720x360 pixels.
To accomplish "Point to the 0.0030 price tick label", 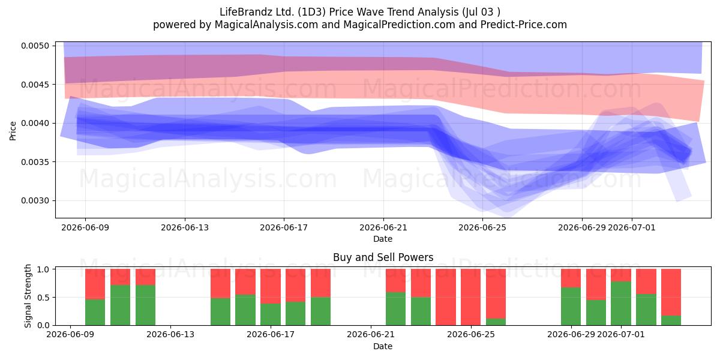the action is click(x=35, y=200).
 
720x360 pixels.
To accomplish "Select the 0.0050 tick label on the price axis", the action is click(x=35, y=46).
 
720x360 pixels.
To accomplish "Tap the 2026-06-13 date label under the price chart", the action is click(x=185, y=227).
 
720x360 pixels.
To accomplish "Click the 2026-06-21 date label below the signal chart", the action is click(x=371, y=334).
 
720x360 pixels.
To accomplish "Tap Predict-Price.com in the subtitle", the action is click(x=524, y=25).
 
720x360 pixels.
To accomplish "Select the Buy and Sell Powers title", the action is click(x=383, y=257).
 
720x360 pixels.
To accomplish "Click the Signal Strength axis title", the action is click(x=28, y=296).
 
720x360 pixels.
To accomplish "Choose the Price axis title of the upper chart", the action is click(x=13, y=131).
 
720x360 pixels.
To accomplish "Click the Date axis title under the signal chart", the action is click(x=383, y=346).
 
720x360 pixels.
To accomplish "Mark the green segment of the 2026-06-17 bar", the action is click(x=271, y=314).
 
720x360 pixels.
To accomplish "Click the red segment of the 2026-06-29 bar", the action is click(x=571, y=278).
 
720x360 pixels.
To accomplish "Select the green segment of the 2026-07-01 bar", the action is click(x=621, y=303).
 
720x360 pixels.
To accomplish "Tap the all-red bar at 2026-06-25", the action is click(x=470, y=297).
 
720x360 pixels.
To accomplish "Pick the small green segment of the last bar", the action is click(x=671, y=320).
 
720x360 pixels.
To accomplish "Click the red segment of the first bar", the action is click(x=95, y=284).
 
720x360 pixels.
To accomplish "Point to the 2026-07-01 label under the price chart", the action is click(x=632, y=227).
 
